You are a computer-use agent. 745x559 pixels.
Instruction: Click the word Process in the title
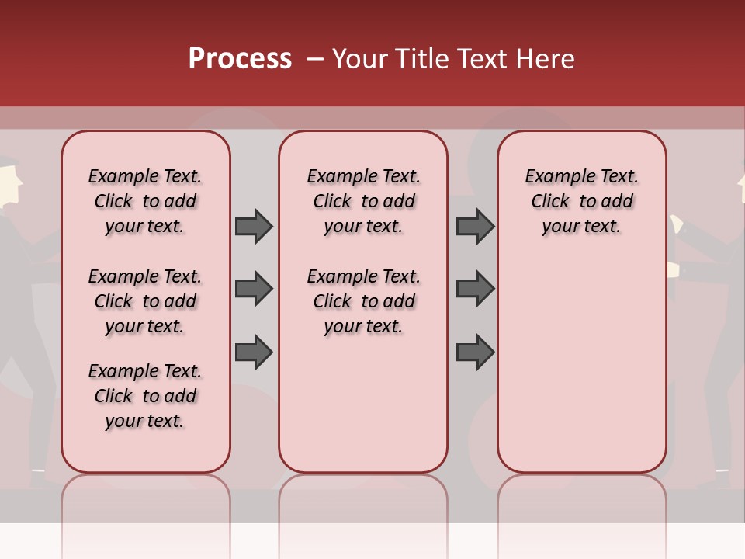[x=240, y=59]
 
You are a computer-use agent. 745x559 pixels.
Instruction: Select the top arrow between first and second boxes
[x=254, y=226]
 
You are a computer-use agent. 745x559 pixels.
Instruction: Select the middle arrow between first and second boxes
[x=254, y=289]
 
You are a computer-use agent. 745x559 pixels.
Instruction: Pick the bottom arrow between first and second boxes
[x=254, y=352]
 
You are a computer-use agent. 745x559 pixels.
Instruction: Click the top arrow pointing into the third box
[x=475, y=226]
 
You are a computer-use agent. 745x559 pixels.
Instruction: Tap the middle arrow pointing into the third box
[x=475, y=289]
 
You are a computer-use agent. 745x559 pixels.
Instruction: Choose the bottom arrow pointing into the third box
[x=475, y=352]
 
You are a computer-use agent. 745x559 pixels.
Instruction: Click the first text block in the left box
[x=145, y=201]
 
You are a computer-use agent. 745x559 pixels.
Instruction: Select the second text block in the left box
[x=145, y=301]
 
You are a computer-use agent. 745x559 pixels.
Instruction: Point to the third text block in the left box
[x=145, y=396]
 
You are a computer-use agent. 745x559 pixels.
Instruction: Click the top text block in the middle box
[x=364, y=201]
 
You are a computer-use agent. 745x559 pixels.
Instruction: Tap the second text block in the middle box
[x=364, y=301]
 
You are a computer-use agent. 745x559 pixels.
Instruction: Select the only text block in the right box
[x=582, y=201]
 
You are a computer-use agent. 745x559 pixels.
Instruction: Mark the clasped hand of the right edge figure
[x=674, y=269]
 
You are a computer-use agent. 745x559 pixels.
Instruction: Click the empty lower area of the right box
[x=582, y=373]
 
